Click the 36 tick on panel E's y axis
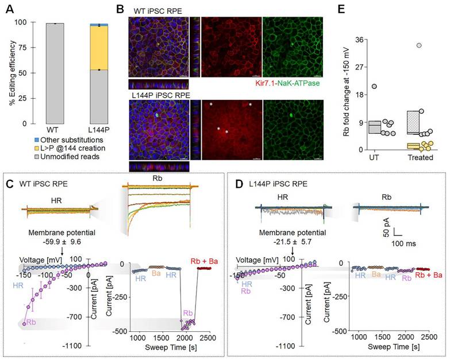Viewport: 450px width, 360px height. coord(360,39)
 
